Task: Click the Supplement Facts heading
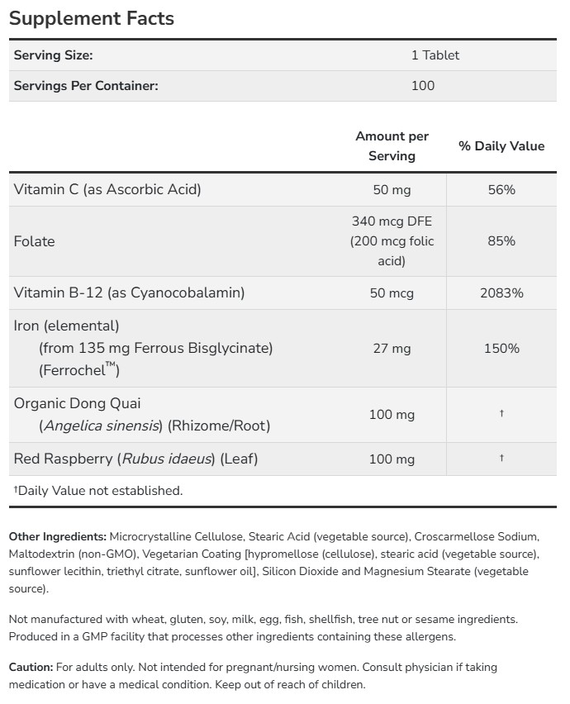pyautogui.click(x=92, y=18)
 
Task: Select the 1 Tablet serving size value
pyautogui.click(x=435, y=55)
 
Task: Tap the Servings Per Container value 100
pyautogui.click(x=422, y=85)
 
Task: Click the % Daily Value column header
pyautogui.click(x=501, y=146)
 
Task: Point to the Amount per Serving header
pyautogui.click(x=392, y=145)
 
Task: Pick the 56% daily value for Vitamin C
pyautogui.click(x=501, y=189)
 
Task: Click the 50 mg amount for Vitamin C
pyautogui.click(x=392, y=189)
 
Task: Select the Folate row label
pyautogui.click(x=35, y=241)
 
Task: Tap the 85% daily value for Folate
pyautogui.click(x=501, y=241)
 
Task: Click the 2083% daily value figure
pyautogui.click(x=501, y=293)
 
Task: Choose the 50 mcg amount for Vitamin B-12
pyautogui.click(x=392, y=293)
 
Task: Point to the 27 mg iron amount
pyautogui.click(x=392, y=349)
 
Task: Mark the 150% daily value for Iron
pyautogui.click(x=501, y=349)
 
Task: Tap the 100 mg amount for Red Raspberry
pyautogui.click(x=392, y=459)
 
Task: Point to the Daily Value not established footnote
pyautogui.click(x=98, y=491)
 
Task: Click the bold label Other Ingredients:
pyautogui.click(x=58, y=536)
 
